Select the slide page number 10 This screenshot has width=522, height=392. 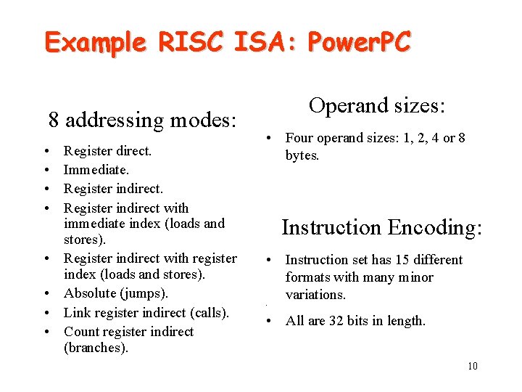click(x=472, y=366)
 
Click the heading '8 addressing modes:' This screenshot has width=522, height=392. click(x=142, y=119)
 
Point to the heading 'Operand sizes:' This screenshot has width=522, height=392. click(x=376, y=105)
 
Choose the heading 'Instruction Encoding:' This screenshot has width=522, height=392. click(x=381, y=227)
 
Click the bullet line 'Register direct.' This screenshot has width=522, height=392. click(x=107, y=151)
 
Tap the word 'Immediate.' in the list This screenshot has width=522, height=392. click(x=96, y=169)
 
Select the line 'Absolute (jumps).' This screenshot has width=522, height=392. click(x=115, y=293)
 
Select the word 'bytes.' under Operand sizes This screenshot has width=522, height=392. click(x=302, y=155)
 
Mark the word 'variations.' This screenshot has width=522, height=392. click(x=315, y=295)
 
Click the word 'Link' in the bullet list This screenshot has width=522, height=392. click(x=77, y=313)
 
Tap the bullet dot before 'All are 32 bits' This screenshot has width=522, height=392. click(x=268, y=321)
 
